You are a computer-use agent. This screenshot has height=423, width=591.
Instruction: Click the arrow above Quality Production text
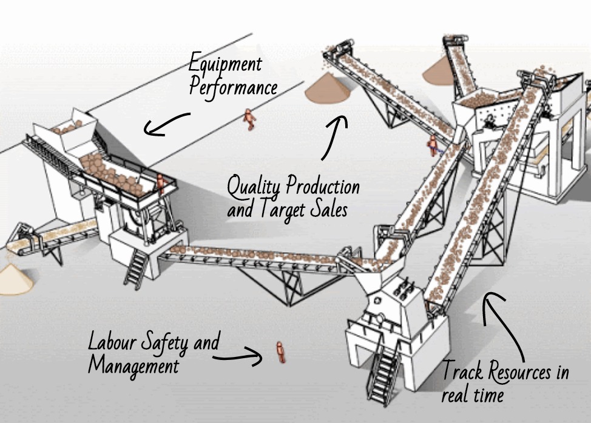point(334,137)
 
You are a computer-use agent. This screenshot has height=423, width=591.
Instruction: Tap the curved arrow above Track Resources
point(505,324)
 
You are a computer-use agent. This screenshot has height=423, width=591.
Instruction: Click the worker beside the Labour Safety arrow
point(280,352)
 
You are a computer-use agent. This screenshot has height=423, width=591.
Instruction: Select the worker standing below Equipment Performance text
point(248,119)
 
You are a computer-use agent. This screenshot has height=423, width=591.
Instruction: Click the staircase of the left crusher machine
point(135,267)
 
